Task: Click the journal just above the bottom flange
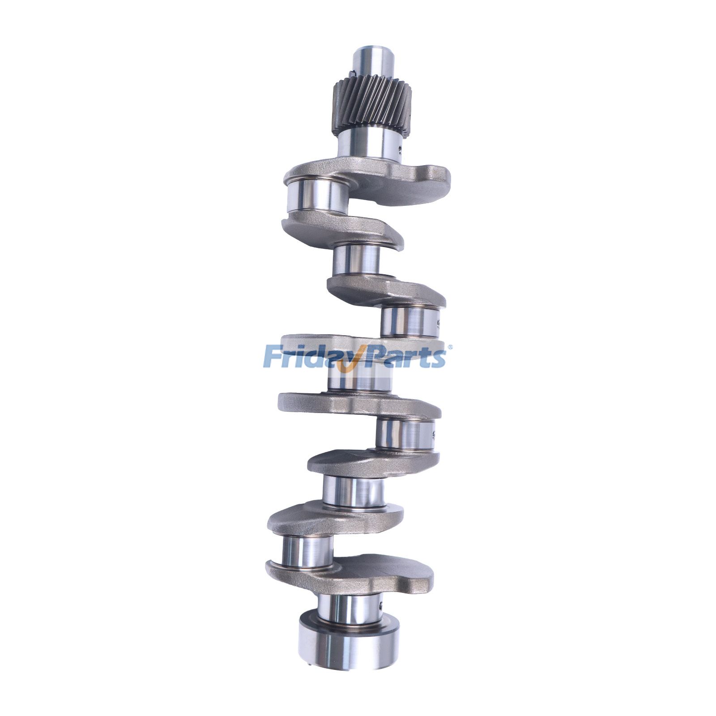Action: [x=349, y=609]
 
